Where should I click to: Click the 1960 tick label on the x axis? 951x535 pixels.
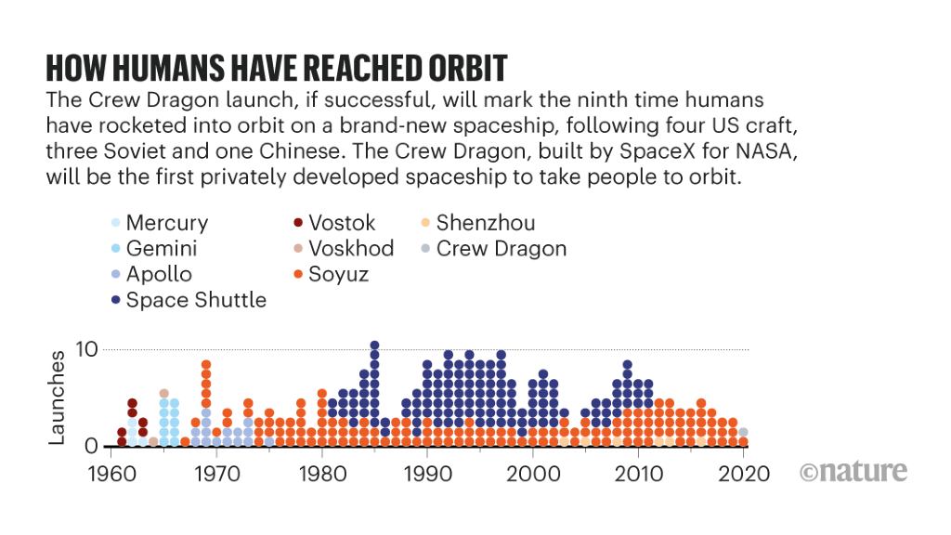click(111, 474)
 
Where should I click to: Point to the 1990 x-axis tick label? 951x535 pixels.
click(427, 474)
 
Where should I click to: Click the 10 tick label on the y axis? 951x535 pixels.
click(87, 350)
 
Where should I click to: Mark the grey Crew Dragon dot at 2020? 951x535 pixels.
click(743, 432)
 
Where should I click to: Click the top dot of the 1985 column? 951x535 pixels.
click(374, 346)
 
